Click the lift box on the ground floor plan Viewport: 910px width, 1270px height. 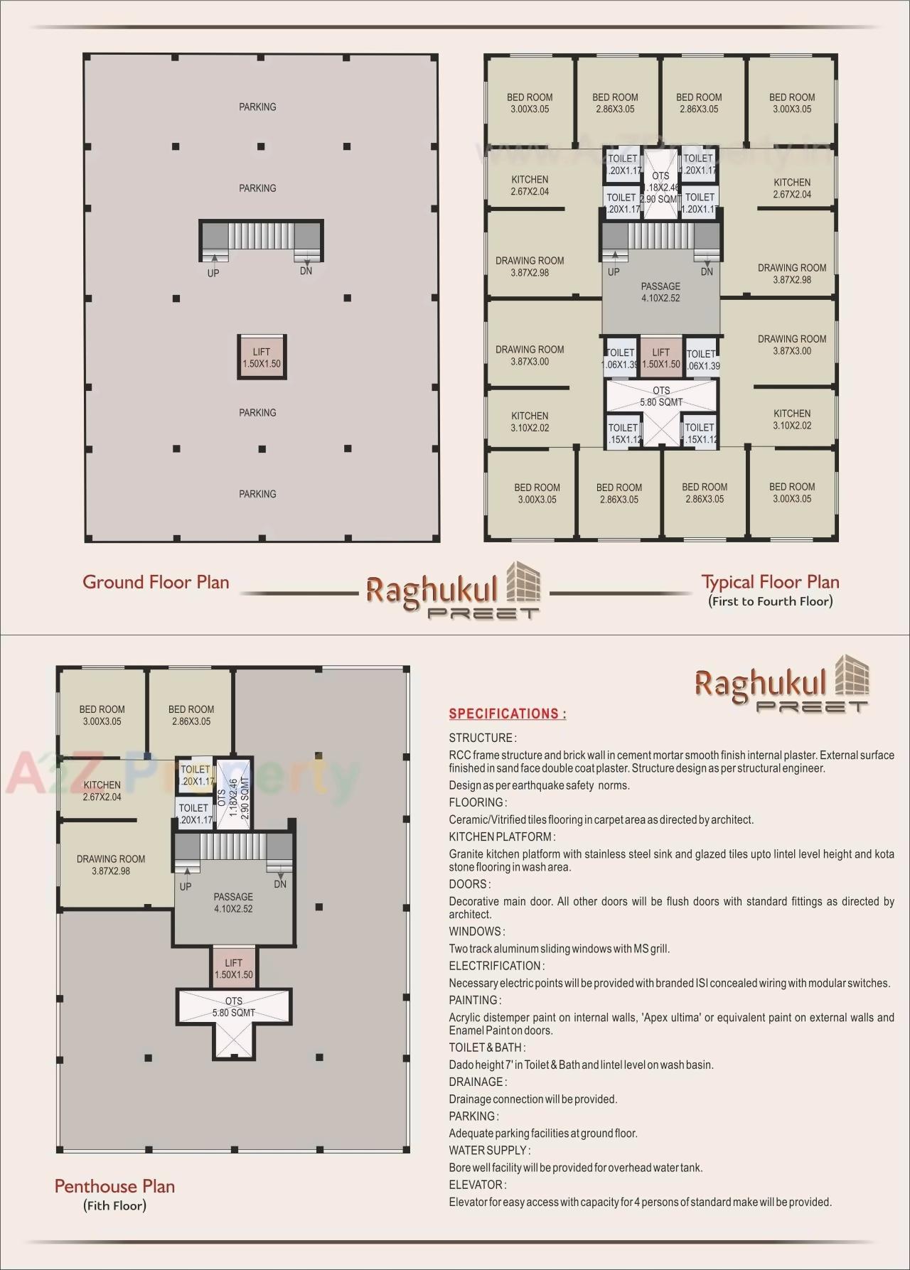(262, 357)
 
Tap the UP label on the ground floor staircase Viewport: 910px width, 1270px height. (213, 273)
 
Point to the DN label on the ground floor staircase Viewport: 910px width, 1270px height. (306, 271)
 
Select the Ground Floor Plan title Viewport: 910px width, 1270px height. (156, 582)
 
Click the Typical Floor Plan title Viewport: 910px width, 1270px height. (770, 582)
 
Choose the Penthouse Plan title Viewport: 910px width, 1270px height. (114, 1186)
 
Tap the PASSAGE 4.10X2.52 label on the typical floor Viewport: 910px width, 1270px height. (660, 292)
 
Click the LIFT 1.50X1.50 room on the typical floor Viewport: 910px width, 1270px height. (661, 357)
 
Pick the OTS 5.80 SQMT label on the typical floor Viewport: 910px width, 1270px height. (661, 397)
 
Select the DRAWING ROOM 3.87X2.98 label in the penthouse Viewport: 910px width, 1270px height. (111, 865)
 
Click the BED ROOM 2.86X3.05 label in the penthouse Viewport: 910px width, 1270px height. (191, 715)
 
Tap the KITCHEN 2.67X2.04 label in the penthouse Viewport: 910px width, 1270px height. (102, 790)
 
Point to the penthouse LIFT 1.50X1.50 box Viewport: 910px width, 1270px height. (234, 969)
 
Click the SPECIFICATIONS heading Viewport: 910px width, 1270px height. (508, 714)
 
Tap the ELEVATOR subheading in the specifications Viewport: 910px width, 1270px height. (477, 1185)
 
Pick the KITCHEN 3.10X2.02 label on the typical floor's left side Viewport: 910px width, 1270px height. (530, 421)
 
